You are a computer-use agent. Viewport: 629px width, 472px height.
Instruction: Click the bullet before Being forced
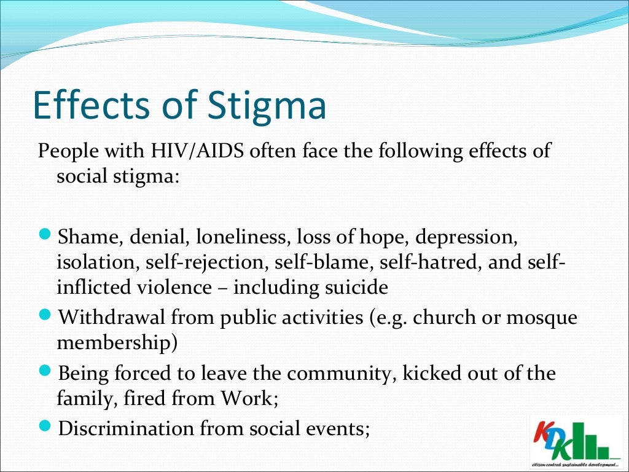pos(50,372)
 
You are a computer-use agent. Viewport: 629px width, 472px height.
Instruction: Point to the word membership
pos(117,342)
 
